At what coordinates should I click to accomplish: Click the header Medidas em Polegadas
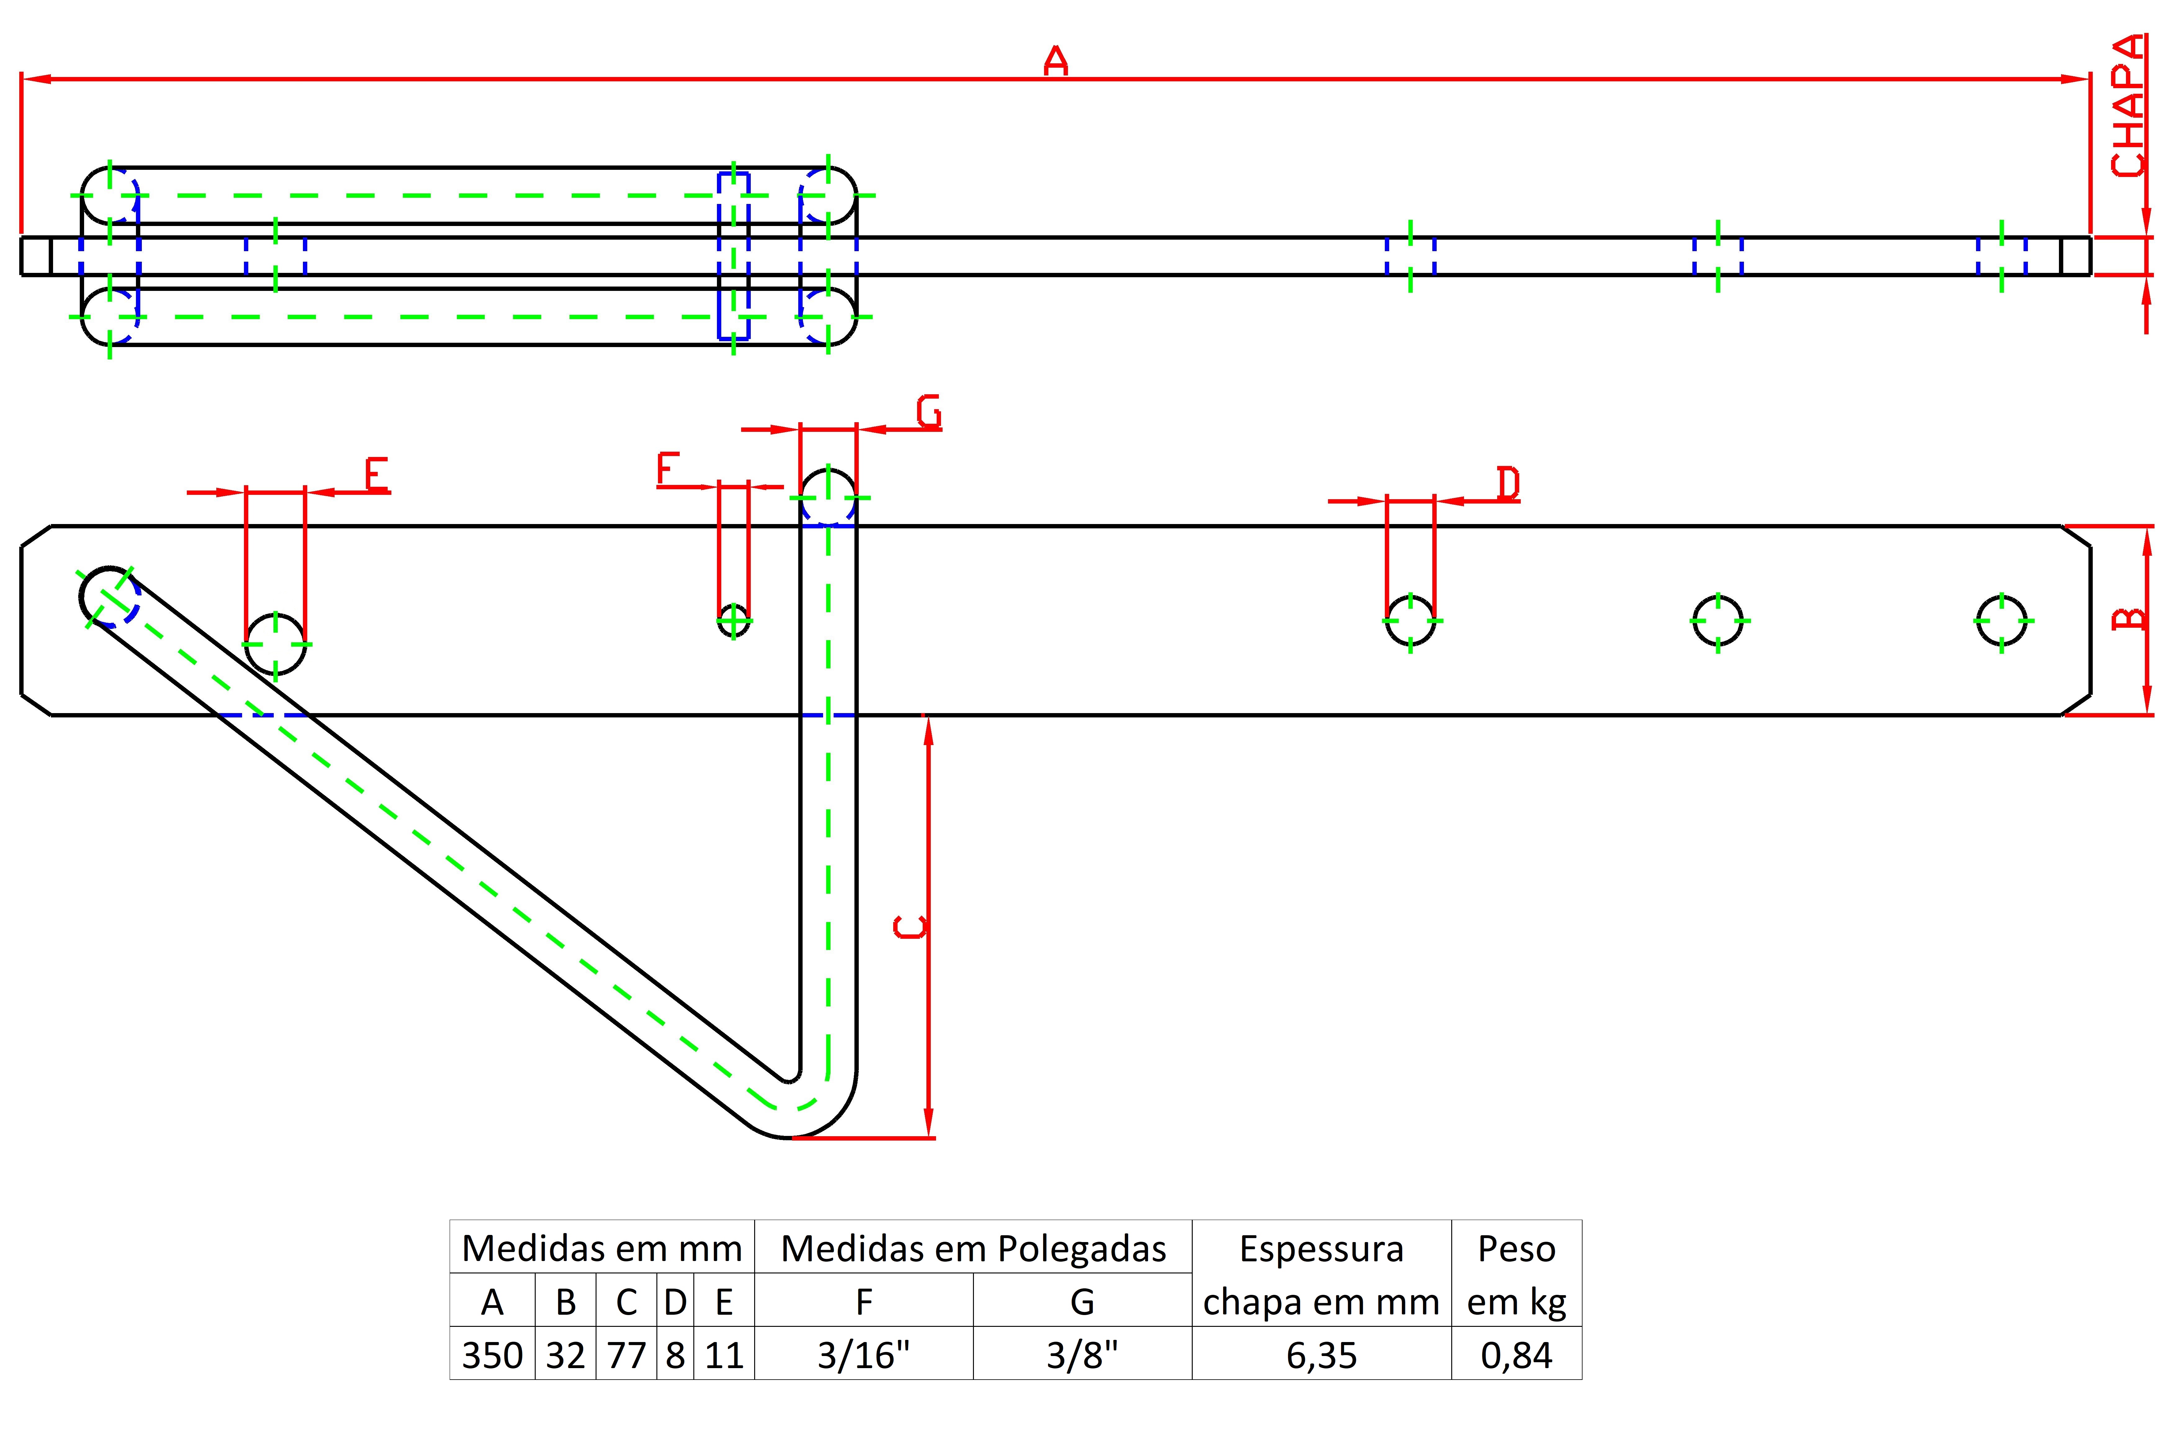[973, 1248]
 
